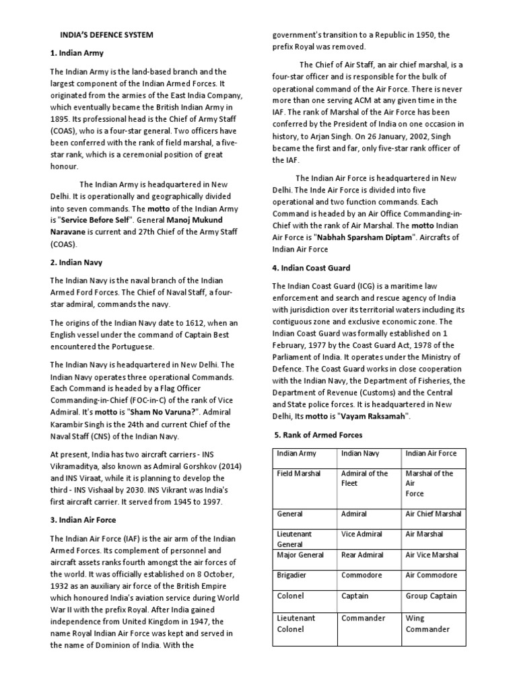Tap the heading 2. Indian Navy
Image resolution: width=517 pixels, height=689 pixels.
click(76, 262)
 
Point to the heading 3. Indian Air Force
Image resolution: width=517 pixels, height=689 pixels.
click(83, 519)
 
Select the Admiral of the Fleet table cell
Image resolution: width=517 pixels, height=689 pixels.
click(364, 478)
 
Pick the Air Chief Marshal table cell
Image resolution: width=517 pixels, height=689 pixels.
click(434, 514)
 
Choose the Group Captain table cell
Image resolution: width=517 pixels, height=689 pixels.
click(431, 595)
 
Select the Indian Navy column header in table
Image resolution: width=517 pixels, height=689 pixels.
click(360, 454)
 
